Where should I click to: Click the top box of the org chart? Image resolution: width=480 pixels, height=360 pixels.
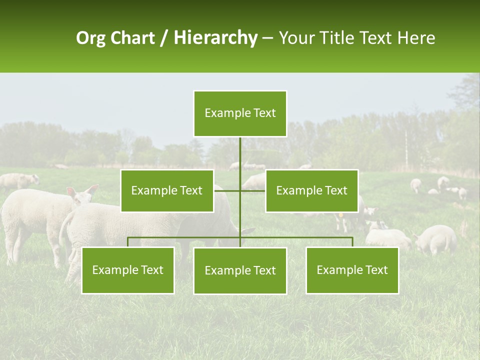point(240,113)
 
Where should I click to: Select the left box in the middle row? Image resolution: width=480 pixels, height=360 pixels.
point(167,190)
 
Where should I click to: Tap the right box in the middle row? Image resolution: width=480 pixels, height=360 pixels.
point(311,190)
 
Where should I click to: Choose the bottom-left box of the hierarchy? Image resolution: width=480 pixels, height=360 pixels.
point(128,270)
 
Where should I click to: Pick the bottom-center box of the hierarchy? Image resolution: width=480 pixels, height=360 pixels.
point(240,270)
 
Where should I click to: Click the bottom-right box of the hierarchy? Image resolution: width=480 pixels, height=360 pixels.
point(352,270)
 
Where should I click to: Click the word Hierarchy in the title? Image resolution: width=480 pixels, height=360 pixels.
point(215,38)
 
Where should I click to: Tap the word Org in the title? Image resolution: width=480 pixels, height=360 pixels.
point(90,38)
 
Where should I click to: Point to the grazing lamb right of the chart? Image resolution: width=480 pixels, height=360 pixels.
point(436,239)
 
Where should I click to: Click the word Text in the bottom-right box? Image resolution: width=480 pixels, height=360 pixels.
point(376,270)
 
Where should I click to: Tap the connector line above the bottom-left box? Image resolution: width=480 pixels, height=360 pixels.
point(128,242)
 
